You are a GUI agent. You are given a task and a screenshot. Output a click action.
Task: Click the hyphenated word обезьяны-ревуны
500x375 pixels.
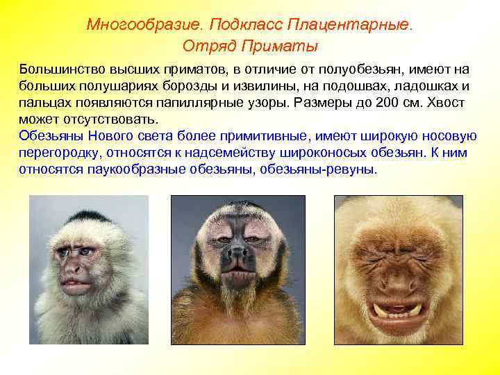click(x=317, y=169)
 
